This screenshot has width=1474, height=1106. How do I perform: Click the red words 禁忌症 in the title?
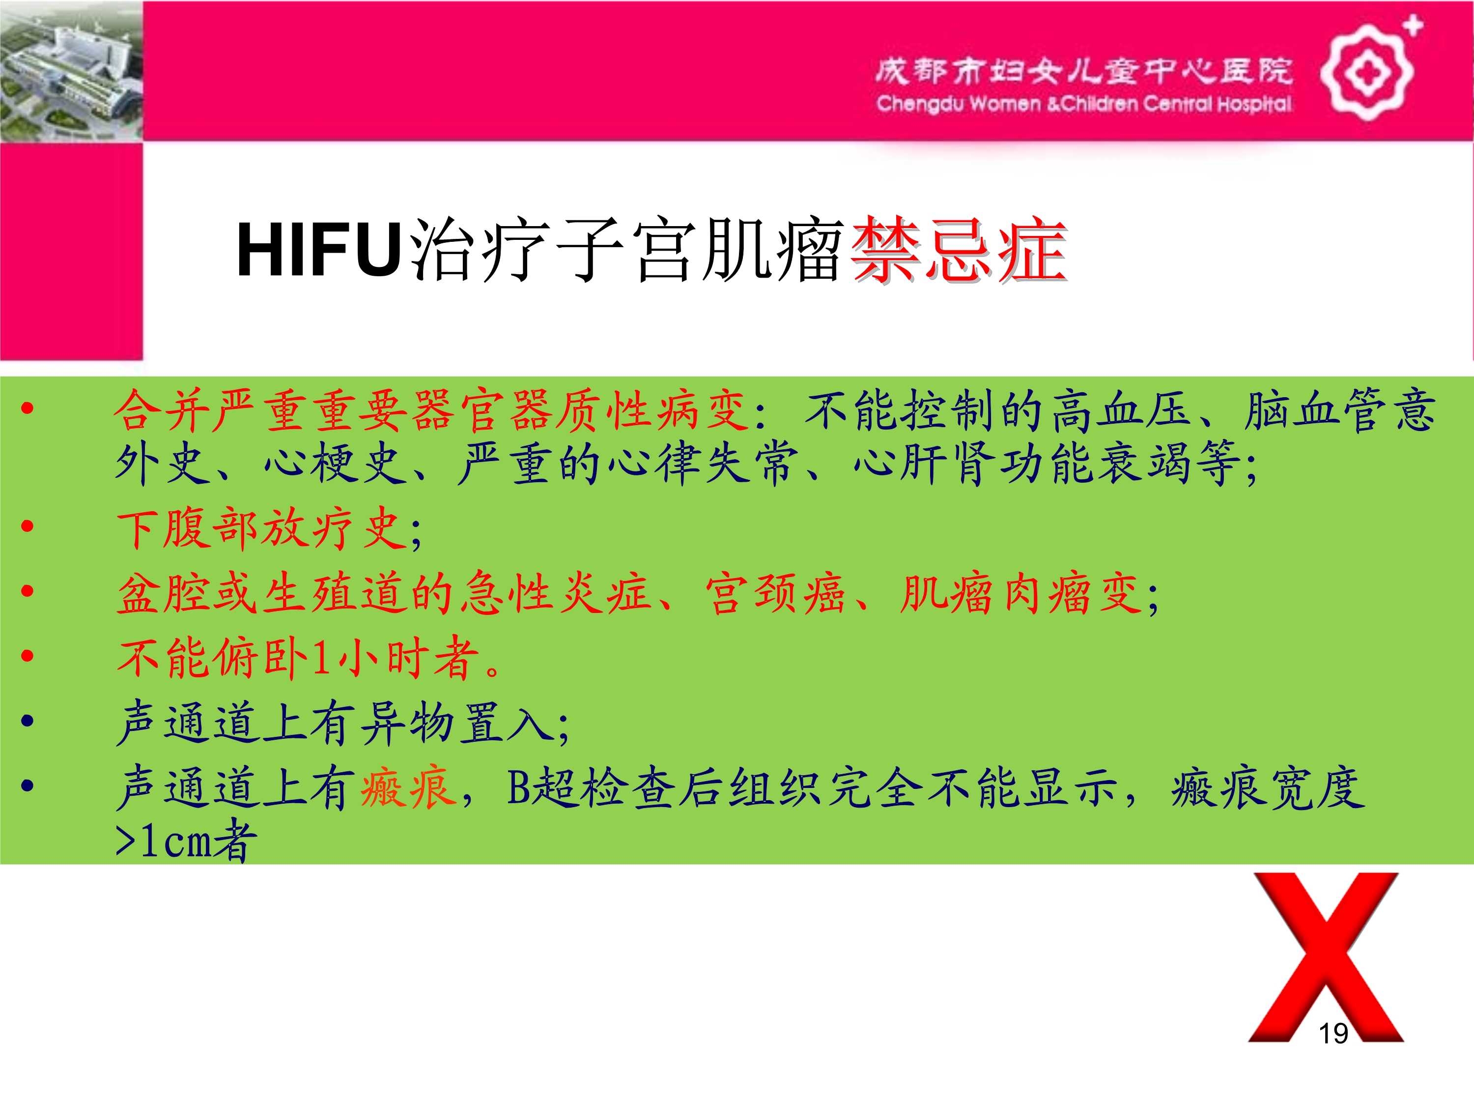pyautogui.click(x=959, y=250)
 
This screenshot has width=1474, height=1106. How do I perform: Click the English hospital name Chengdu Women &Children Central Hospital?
pyautogui.click(x=1083, y=104)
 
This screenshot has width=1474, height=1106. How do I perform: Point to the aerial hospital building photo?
pyautogui.click(x=71, y=71)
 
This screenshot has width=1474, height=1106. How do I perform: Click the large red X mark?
pyautogui.click(x=1326, y=957)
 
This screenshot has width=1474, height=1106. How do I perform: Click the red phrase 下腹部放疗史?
pyautogui.click(x=262, y=529)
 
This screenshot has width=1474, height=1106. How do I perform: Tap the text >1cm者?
pyautogui.click(x=186, y=840)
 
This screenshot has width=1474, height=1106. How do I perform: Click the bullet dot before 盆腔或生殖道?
pyautogui.click(x=28, y=591)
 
